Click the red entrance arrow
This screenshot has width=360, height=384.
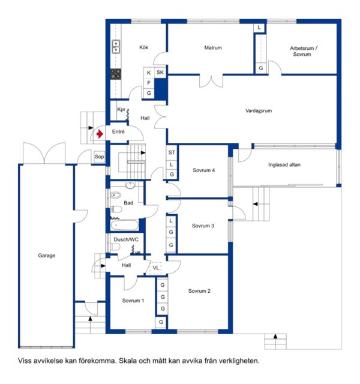click(x=100, y=134)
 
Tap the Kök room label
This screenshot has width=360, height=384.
click(x=144, y=47)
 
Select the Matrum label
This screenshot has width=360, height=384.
click(x=213, y=47)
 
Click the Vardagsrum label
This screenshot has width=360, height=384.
click(x=259, y=110)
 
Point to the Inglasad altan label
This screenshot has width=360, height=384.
click(x=284, y=164)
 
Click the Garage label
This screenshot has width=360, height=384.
click(x=47, y=256)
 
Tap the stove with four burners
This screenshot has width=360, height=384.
click(x=116, y=74)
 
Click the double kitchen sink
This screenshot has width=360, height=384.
click(x=116, y=47)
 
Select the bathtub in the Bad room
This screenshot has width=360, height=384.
click(x=124, y=226)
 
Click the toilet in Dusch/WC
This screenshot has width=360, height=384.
click(x=115, y=247)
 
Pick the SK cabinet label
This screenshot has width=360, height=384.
click(x=160, y=72)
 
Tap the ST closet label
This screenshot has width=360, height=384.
click(x=172, y=152)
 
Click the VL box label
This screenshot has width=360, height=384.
click(x=156, y=268)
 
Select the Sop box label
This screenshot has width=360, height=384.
click(x=99, y=157)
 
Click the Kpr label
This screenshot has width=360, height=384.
click(x=121, y=109)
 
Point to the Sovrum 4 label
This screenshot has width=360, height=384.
click(x=204, y=170)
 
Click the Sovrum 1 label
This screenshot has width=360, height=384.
click(x=133, y=301)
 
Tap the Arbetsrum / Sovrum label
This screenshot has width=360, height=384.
click(x=303, y=51)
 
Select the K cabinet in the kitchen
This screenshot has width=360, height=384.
click(x=149, y=73)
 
